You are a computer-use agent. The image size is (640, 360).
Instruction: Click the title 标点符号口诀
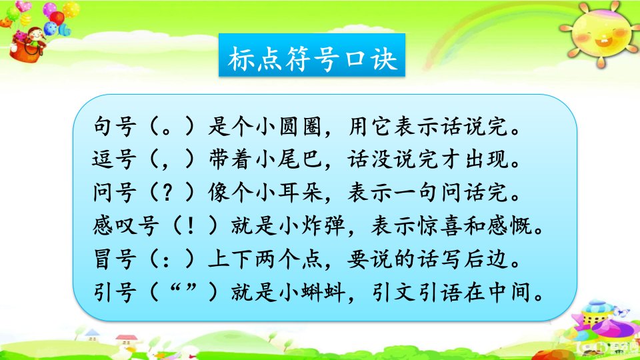(312, 59)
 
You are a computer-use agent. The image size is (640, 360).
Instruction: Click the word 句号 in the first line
(114, 126)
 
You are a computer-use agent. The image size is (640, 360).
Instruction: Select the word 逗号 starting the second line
(114, 159)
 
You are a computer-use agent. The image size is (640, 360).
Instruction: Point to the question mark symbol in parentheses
(167, 192)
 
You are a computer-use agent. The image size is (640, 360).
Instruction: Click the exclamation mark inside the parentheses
(190, 226)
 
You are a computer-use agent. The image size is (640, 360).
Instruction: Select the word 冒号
(114, 259)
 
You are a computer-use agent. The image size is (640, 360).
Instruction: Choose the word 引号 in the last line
(114, 292)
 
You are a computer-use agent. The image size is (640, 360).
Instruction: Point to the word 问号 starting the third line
(114, 192)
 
